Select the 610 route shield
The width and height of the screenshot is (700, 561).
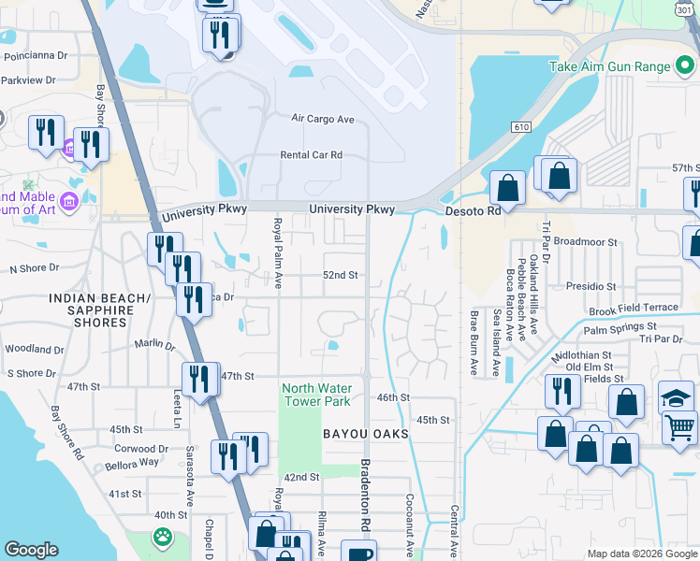tap(521, 126)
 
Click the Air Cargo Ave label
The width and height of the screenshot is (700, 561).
tap(323, 119)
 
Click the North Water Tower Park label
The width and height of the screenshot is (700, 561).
tap(316, 395)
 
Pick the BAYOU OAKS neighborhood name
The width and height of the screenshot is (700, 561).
tap(366, 435)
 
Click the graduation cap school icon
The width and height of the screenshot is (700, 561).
tap(676, 397)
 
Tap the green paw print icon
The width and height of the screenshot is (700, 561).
tap(163, 538)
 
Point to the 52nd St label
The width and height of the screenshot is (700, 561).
tap(341, 275)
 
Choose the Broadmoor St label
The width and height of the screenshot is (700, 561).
tap(586, 241)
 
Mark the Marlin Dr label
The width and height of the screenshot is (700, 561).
tap(155, 344)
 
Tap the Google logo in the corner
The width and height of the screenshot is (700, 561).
tap(31, 551)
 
